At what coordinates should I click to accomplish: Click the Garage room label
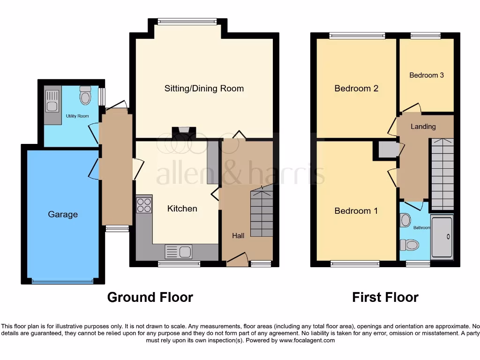(63, 215)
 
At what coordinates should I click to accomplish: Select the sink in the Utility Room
(52, 101)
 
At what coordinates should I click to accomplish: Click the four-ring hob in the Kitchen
(144, 205)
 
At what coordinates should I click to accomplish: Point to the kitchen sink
(179, 252)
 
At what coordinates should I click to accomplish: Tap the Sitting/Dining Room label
(204, 89)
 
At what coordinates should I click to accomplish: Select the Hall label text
(238, 236)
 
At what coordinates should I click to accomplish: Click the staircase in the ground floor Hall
(261, 213)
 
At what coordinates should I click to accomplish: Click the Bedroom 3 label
(427, 75)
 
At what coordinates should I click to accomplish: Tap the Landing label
(423, 127)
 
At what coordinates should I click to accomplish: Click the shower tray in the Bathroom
(442, 237)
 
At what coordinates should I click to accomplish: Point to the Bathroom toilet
(409, 244)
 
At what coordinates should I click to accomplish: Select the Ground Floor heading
(150, 297)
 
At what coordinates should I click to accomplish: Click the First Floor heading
(385, 297)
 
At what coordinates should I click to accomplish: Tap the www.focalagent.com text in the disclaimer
(307, 340)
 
